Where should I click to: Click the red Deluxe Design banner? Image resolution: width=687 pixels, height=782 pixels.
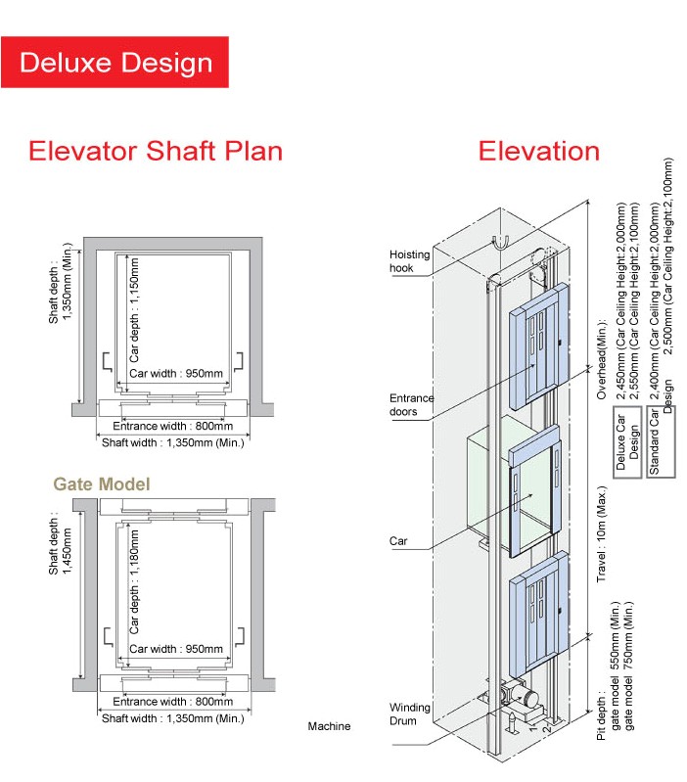point(115,63)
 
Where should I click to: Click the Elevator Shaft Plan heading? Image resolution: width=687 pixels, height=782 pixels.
point(156,151)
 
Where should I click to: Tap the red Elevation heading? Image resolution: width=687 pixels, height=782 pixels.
point(538,151)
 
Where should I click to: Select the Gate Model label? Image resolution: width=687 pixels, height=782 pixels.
point(102,483)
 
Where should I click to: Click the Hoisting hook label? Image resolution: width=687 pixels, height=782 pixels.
point(408,261)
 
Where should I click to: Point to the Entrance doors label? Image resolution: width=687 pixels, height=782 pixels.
point(411,405)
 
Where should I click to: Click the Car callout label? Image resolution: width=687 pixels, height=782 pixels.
point(398,540)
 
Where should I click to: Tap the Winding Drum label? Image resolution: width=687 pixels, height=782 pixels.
point(410,714)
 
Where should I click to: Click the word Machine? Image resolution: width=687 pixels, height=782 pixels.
point(329,726)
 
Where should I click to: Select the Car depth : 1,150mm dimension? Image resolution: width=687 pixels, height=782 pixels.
point(135,310)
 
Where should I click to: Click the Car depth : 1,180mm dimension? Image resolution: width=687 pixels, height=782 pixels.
point(135,581)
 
